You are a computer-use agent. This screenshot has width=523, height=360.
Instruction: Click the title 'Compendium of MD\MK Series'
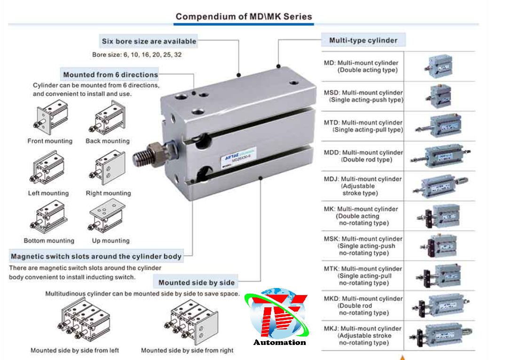pos(244,16)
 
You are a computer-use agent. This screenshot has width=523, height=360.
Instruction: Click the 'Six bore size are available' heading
pos(149,41)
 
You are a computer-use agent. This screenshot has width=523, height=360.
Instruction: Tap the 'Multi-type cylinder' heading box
pos(363,40)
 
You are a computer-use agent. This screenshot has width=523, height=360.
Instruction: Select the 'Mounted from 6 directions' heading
pos(111,74)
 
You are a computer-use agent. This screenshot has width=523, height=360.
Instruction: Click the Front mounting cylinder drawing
pos(51,117)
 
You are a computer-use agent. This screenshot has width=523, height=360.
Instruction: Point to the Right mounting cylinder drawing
pos(107,168)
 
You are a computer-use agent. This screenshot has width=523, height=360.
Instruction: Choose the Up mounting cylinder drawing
pos(107,216)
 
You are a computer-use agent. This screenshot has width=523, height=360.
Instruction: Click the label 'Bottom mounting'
pos(49,240)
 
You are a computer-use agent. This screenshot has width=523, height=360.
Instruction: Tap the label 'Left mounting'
pos(48,193)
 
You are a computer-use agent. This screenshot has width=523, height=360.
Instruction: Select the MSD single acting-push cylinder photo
pos(439,96)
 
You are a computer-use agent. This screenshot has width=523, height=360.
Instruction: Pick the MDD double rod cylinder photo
pos(440,156)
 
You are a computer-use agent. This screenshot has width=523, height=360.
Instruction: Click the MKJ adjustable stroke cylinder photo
pos(441,336)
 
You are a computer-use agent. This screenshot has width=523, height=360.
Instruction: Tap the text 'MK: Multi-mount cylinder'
pos(361,209)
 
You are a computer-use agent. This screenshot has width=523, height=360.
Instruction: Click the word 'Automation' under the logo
pos(279,342)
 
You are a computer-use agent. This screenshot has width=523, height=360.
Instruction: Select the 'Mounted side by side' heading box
pos(196,282)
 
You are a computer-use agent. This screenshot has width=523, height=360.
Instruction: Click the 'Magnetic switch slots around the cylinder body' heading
pos(96,256)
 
